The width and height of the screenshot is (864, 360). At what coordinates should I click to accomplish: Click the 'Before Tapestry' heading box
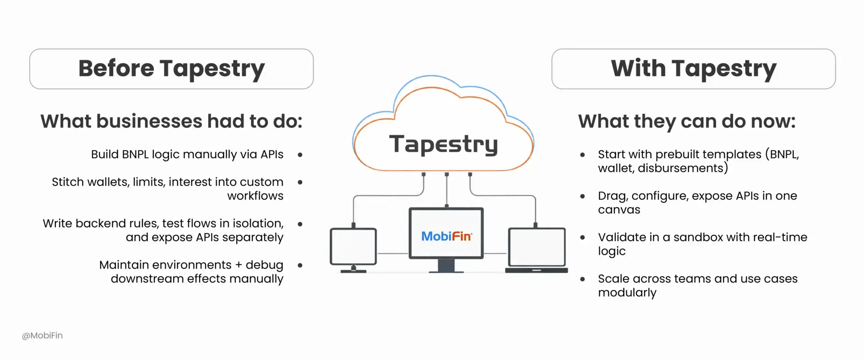point(171,69)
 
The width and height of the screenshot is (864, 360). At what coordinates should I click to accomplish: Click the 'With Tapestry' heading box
point(693,69)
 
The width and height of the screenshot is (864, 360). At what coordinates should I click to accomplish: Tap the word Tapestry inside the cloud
point(443,144)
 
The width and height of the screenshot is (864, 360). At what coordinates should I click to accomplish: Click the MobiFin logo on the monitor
point(446,236)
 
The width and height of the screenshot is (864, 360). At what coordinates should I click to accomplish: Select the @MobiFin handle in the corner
point(42,336)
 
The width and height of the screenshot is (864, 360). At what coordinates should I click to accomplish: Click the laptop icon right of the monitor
point(536,250)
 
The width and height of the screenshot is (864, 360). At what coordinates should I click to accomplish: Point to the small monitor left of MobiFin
point(353,248)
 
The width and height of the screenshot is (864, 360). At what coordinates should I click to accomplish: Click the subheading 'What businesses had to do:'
point(171,121)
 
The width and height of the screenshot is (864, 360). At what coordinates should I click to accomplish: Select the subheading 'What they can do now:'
point(687,121)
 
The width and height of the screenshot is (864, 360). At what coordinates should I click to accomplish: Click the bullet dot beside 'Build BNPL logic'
point(300,155)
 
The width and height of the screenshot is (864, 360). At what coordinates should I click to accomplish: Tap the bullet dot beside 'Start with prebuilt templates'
point(583,155)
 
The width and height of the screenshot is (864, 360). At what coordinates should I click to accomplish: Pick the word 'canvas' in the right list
point(619,210)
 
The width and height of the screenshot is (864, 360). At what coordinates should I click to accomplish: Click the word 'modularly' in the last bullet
point(627,292)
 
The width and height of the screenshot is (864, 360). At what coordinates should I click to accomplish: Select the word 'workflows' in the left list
point(255,196)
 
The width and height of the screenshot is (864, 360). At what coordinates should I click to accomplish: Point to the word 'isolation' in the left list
point(257,224)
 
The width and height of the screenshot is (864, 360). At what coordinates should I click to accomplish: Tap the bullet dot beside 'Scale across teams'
point(583,279)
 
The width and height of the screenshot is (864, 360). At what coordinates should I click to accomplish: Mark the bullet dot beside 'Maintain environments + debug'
point(300,265)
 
